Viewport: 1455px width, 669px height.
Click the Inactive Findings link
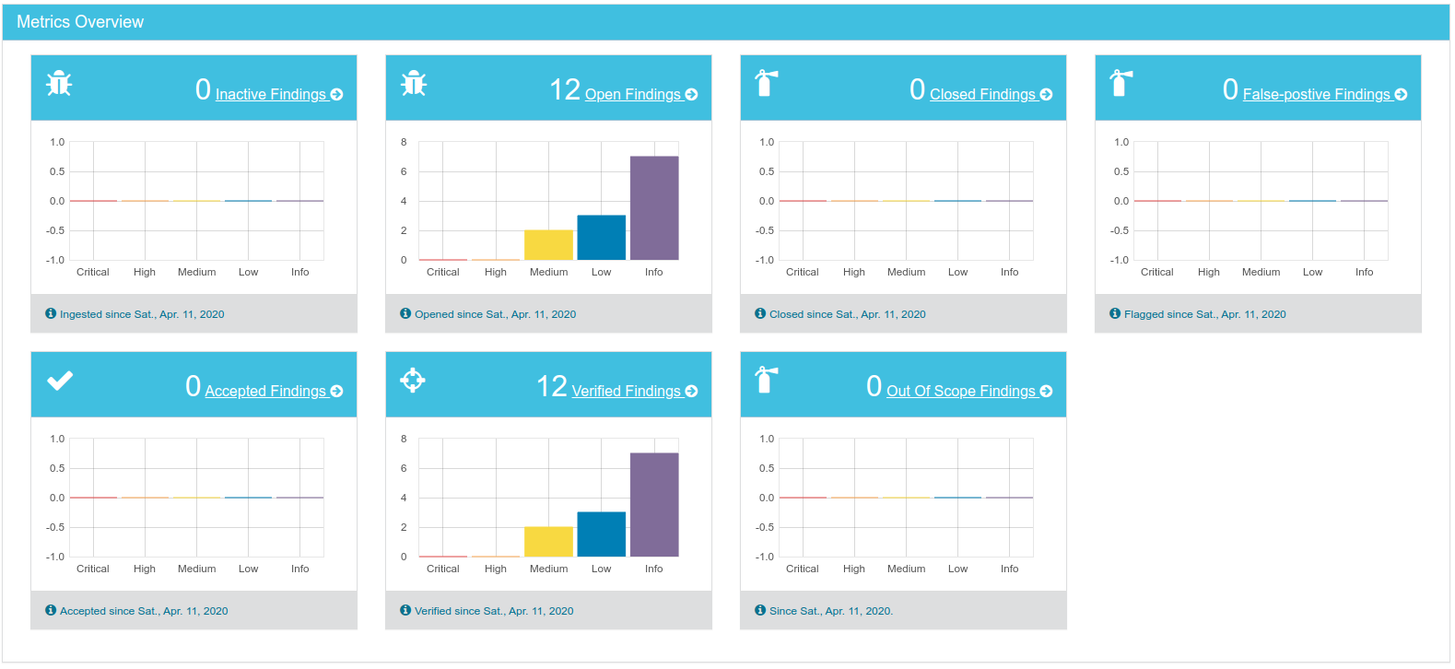(271, 94)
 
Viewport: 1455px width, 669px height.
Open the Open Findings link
(633, 94)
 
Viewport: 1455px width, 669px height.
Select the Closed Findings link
(982, 94)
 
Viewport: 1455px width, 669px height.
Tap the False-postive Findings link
(1316, 94)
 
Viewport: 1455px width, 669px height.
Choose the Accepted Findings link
(265, 391)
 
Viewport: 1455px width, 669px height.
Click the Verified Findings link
(627, 391)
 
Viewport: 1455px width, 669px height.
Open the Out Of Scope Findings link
(961, 391)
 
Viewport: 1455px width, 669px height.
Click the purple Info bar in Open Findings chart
(654, 208)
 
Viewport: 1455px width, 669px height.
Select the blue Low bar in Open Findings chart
(601, 238)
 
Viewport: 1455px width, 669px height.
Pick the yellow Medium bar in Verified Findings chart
(548, 542)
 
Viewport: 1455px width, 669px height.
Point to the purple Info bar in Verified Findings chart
(654, 505)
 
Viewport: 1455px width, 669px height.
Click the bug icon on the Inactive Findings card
(59, 84)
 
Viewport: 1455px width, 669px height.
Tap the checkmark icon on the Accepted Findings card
(60, 381)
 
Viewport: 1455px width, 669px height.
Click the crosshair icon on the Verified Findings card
(413, 380)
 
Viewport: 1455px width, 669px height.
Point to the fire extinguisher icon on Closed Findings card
(766, 83)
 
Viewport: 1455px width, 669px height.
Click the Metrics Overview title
(80, 22)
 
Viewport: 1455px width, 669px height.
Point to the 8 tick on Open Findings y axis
(404, 142)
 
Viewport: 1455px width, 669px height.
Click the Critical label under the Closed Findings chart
(802, 272)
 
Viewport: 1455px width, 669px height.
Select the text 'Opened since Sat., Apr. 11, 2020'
(495, 314)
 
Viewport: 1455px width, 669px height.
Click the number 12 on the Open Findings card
(565, 90)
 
